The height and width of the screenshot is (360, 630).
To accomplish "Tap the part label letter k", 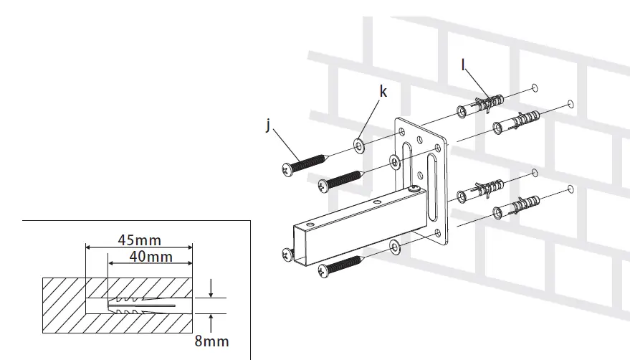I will [383, 92].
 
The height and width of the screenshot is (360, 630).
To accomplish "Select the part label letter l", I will [464, 65].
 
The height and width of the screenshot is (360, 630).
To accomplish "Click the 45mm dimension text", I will [139, 240].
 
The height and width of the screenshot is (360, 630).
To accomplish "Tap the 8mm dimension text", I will [211, 341].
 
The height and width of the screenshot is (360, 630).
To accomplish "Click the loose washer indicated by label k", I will [358, 148].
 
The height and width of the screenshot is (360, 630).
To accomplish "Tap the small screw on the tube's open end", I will [288, 253].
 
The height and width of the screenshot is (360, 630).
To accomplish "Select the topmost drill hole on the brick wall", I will [535, 88].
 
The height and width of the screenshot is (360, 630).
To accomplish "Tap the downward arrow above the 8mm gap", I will [211, 290].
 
